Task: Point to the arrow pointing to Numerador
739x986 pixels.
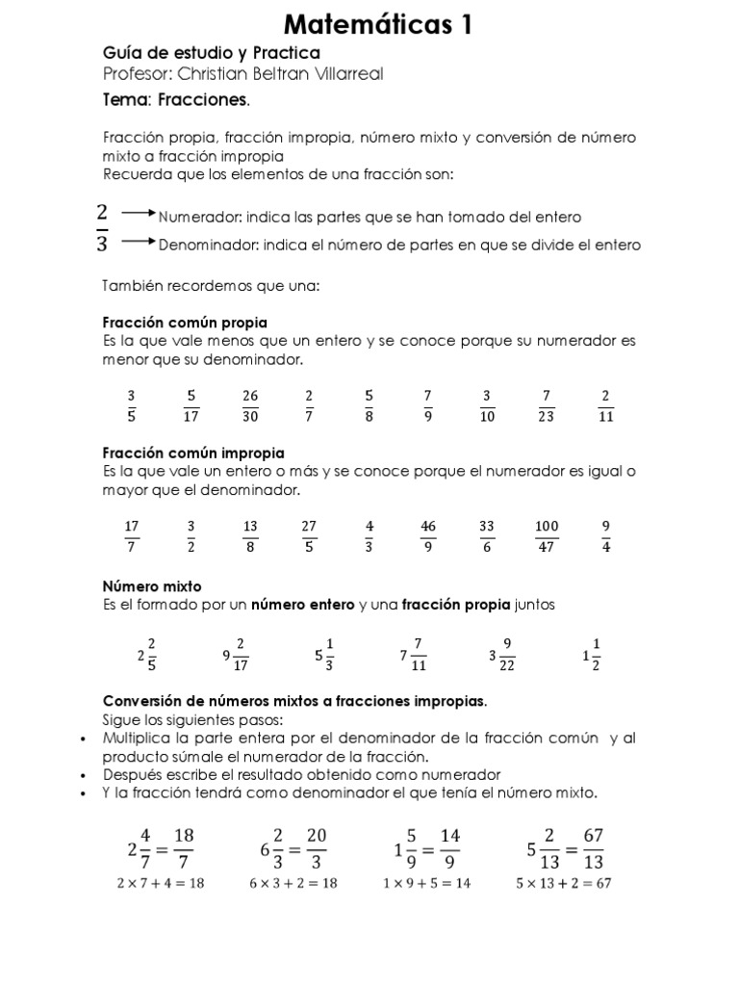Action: point(139,215)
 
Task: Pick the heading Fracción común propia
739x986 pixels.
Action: point(185,322)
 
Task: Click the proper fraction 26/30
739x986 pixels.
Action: point(250,405)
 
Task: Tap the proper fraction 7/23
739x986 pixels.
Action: point(546,405)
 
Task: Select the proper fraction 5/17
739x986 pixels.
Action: point(191,405)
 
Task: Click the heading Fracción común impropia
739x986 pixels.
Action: point(193,453)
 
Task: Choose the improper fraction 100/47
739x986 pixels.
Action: point(547,536)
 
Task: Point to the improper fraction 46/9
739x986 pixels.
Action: point(428,536)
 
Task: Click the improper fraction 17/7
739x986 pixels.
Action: point(133,536)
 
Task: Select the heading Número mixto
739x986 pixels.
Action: point(152,585)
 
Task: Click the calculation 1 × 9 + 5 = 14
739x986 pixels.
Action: point(426,884)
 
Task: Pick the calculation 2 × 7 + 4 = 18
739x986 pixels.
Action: point(161,884)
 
